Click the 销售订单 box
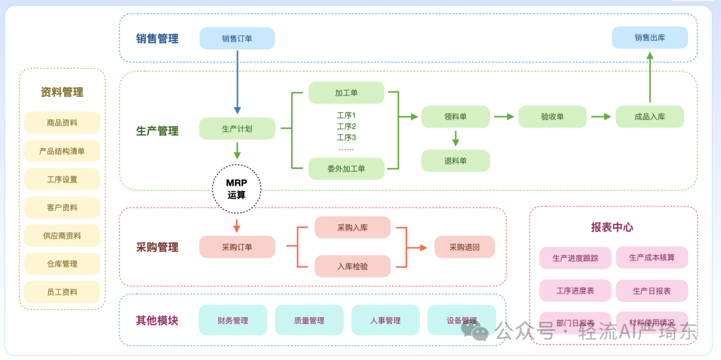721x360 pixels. click(x=237, y=39)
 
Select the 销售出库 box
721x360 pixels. click(x=650, y=37)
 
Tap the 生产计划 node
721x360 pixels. click(x=237, y=128)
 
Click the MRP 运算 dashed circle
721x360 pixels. click(x=236, y=189)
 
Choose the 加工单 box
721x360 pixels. click(x=346, y=93)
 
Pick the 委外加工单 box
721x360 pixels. click(x=346, y=168)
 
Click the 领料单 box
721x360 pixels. click(x=455, y=116)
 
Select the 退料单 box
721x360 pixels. click(x=455, y=160)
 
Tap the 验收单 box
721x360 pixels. click(x=552, y=116)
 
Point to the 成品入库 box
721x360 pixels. click(x=650, y=116)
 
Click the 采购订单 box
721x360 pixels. click(x=237, y=247)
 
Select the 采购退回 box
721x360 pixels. click(x=464, y=247)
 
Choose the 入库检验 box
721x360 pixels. click(x=352, y=266)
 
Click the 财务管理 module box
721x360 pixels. click(x=232, y=320)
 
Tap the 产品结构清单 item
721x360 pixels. click(x=62, y=151)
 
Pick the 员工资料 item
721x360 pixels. click(x=62, y=292)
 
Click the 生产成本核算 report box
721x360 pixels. click(x=652, y=257)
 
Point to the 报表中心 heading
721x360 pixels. click(x=612, y=227)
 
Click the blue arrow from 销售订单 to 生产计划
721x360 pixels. click(x=237, y=80)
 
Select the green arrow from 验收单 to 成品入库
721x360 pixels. click(x=601, y=116)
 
